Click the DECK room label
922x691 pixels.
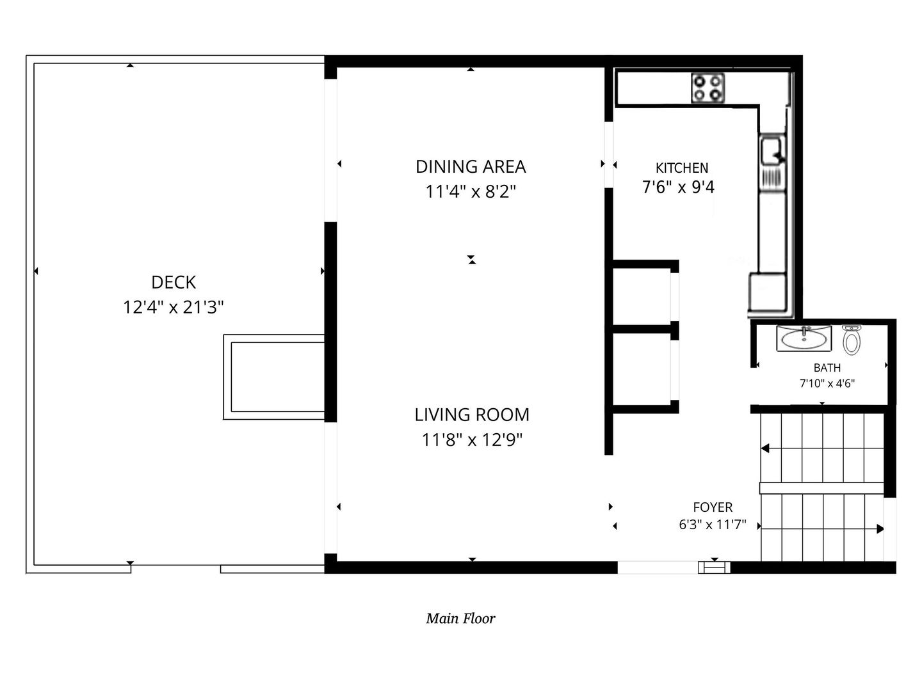[174, 282]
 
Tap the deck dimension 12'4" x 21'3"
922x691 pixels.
[173, 307]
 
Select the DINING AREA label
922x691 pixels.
[471, 166]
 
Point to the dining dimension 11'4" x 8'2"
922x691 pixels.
[471, 192]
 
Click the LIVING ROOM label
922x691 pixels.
[472, 415]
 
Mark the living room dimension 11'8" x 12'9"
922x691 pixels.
[472, 440]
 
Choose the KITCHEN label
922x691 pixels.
[682, 168]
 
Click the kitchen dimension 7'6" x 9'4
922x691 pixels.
[678, 187]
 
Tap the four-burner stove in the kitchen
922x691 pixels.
[708, 88]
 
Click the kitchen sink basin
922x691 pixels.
[772, 150]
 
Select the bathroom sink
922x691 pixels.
[804, 338]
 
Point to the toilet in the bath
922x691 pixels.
[852, 340]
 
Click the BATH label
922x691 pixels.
[827, 368]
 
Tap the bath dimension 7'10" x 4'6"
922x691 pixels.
[827, 383]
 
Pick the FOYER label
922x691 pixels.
[713, 507]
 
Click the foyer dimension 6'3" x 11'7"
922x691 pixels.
[713, 525]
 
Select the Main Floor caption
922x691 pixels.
[460, 619]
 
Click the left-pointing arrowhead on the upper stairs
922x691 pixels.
[765, 449]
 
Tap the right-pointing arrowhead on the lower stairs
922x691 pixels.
[880, 529]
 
